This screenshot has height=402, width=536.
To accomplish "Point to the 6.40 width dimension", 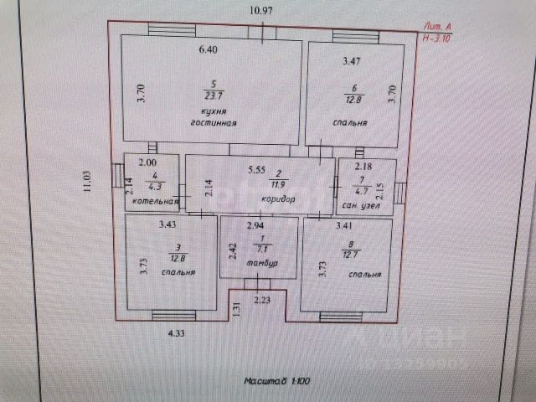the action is coord(207,50).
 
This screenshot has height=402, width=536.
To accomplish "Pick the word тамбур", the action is coord(262,265).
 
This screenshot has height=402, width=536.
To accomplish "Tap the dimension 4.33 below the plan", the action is coord(174,333).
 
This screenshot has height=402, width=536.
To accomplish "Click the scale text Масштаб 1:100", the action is coord(277,381).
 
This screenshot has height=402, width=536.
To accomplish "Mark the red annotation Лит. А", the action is coord(440,28).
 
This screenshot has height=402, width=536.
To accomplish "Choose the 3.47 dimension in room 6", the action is coord(353,60).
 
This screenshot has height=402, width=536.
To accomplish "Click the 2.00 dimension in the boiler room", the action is coord(147,163).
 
